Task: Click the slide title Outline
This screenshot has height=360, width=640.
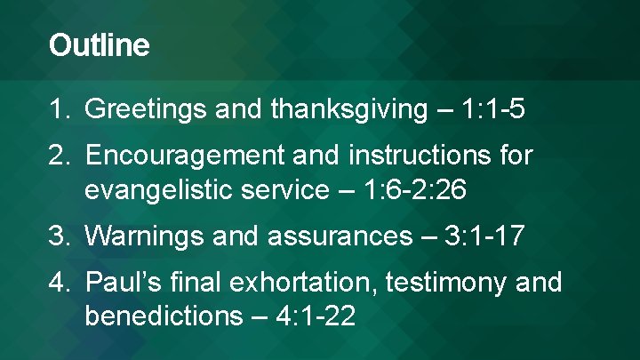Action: [99, 45]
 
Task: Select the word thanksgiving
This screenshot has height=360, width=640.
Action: [348, 110]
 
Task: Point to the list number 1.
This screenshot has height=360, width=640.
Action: [60, 110]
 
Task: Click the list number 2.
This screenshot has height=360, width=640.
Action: [60, 156]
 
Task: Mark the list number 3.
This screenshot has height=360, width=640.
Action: [60, 237]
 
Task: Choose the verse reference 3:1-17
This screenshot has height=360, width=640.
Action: [487, 237]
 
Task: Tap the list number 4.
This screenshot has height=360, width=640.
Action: [60, 283]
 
